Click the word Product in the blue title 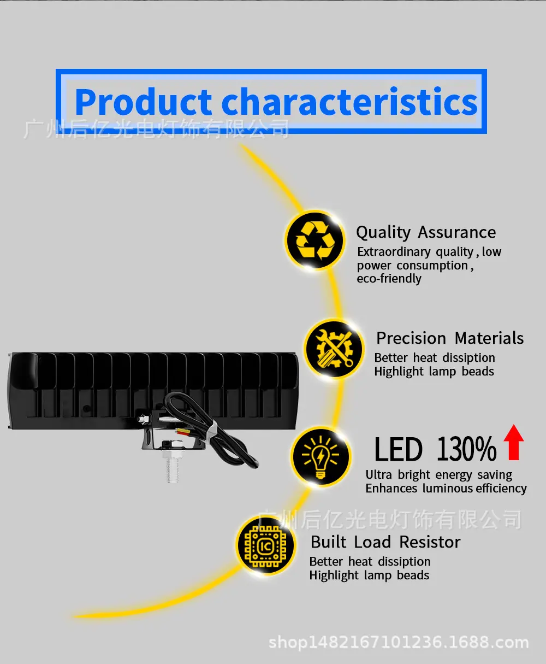click(x=143, y=102)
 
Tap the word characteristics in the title click(x=350, y=102)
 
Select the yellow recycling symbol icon click(x=315, y=240)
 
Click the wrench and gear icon click(x=334, y=349)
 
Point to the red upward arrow click(x=514, y=442)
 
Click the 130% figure click(x=466, y=449)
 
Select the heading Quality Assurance click(x=426, y=233)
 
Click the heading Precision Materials click(x=450, y=338)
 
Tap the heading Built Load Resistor click(x=385, y=542)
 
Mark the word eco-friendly click(x=389, y=278)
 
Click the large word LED click(x=398, y=449)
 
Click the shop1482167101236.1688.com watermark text click(x=399, y=642)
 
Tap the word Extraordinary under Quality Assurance click(x=394, y=252)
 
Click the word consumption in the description click(x=432, y=266)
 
